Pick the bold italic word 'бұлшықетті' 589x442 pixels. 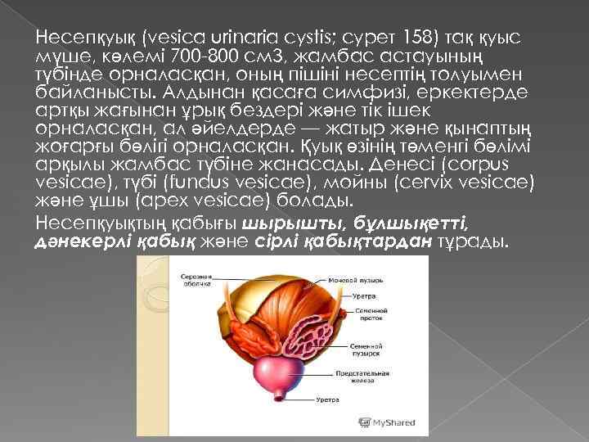(412, 222)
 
